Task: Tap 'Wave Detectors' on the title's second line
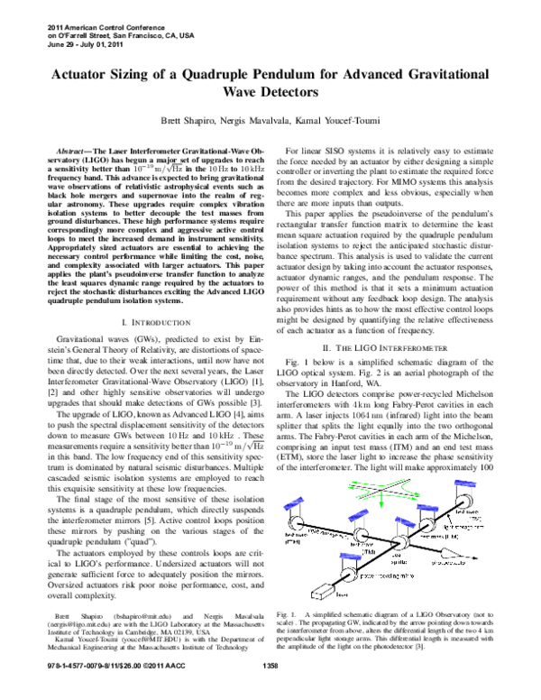[270, 91]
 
